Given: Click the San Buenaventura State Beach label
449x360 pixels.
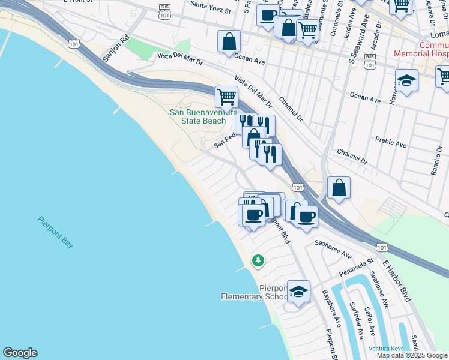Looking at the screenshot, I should pos(197,116).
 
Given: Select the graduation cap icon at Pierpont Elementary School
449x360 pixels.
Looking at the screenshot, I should pos(298,292).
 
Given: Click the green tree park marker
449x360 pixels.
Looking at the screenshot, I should pos(258,260).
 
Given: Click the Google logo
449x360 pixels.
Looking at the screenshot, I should pos(20,353).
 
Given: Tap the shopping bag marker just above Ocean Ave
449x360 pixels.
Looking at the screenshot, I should pos(229,43).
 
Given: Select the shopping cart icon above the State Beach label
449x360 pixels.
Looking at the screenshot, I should pos(226,96).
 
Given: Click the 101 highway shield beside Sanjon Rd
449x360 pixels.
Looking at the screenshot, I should pos(74,44).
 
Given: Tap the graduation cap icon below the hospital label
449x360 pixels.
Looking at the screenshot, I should pos(406,82).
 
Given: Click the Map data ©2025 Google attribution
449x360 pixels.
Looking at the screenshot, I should pos(412,355).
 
